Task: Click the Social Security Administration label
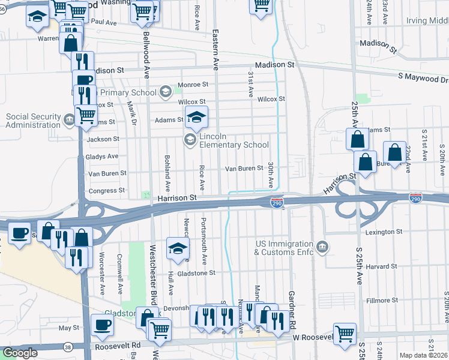coord(33,121)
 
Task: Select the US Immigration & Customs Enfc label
coord(285,248)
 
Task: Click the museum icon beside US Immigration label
coord(322,247)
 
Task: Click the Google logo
coord(20,353)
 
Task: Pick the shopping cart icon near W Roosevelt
coord(345,333)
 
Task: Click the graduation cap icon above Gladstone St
coord(178,248)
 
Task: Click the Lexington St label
coord(382,232)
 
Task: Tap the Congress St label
coord(107,191)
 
